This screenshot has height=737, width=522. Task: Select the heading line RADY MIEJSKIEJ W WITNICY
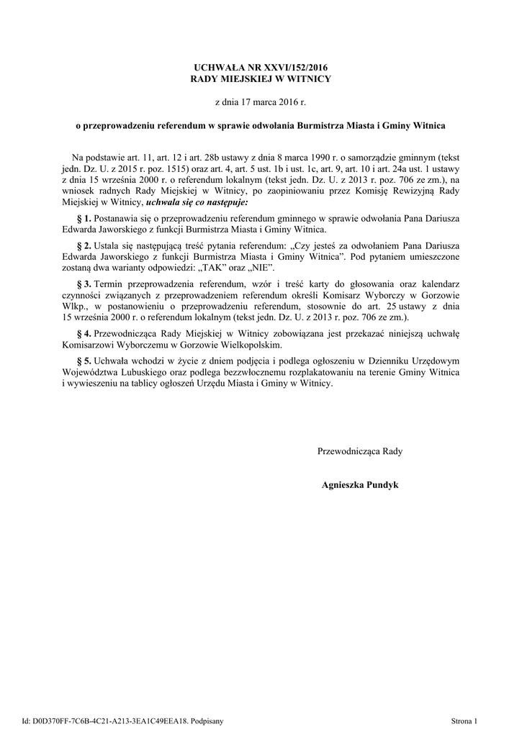pyautogui.click(x=261, y=78)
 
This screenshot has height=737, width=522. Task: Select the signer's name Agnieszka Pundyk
pyautogui.click(x=360, y=485)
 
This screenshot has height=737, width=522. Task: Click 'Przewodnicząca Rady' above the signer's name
pyautogui.click(x=360, y=451)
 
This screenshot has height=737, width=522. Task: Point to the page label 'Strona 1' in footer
pyautogui.click(x=464, y=719)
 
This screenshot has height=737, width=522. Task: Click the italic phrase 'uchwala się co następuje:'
pyautogui.click(x=197, y=203)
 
